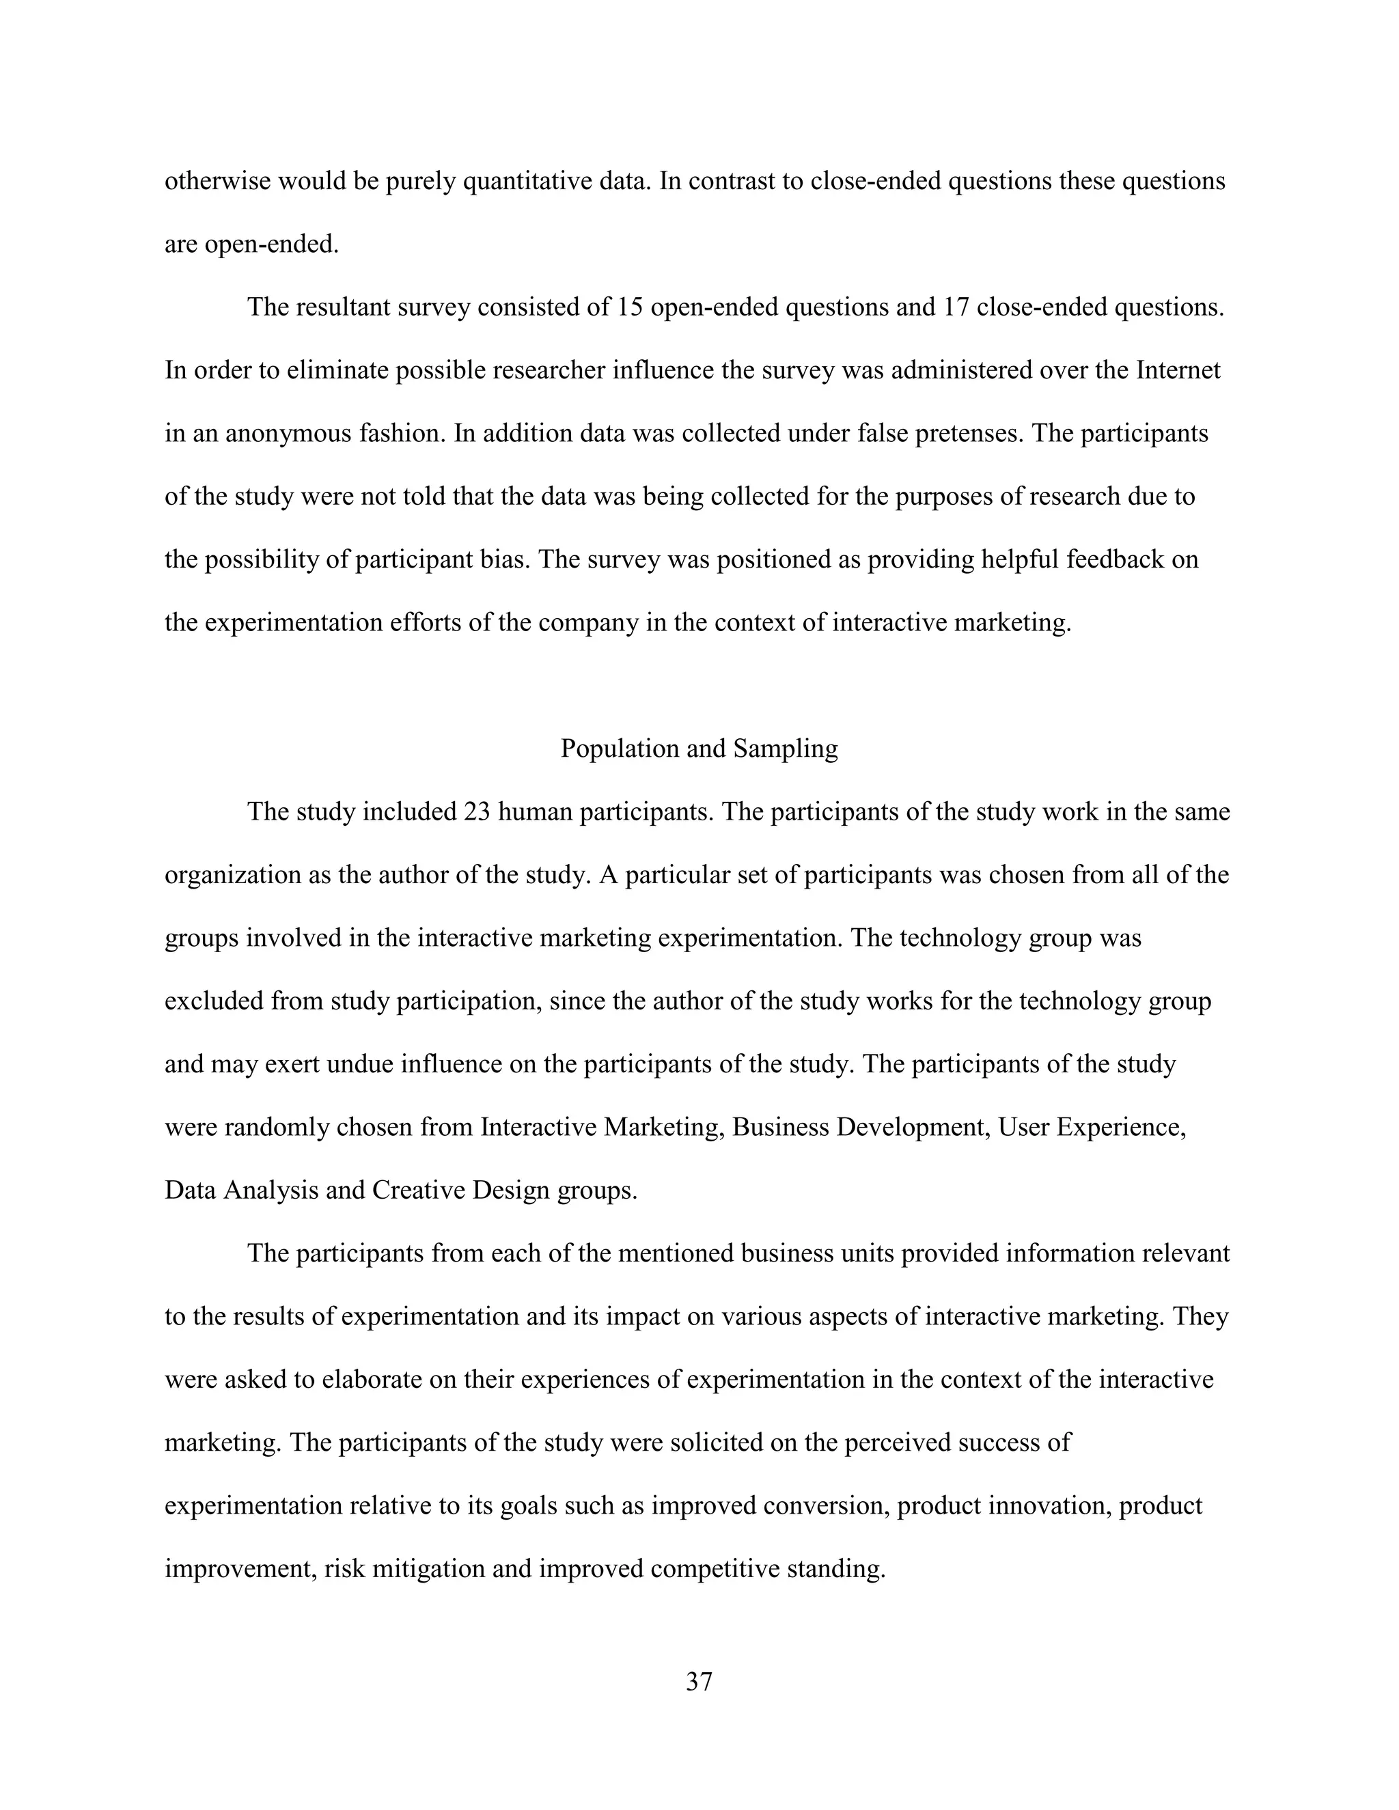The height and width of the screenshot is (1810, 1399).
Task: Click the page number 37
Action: coord(699,1682)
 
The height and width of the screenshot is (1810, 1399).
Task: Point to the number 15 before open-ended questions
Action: coord(630,307)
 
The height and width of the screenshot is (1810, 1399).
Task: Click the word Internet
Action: coord(1178,370)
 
